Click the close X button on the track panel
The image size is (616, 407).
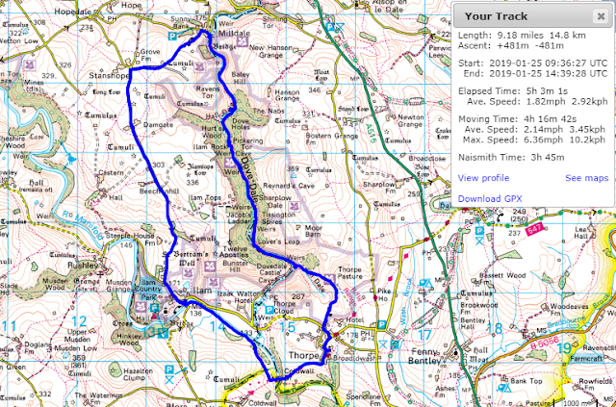point(603,16)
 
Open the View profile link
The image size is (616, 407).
point(483,178)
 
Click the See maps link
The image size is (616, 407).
point(586,178)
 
